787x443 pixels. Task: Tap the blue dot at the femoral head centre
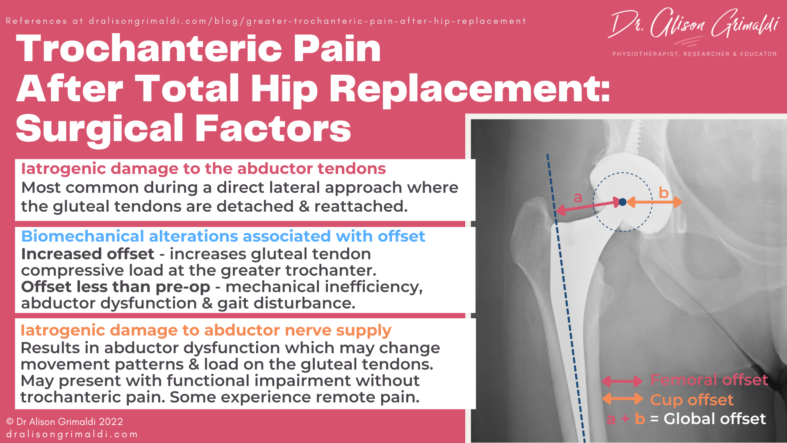pos(622,202)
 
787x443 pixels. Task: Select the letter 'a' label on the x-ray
pos(578,198)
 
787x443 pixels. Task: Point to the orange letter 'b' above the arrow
pos(664,192)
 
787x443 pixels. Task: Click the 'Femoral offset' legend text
pos(709,380)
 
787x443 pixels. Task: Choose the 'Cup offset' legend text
pos(691,400)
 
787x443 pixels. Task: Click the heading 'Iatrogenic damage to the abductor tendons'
pos(203,169)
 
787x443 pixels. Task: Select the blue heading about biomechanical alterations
pos(223,236)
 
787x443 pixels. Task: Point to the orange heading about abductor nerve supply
pos(206,330)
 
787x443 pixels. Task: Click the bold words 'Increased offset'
pos(88,254)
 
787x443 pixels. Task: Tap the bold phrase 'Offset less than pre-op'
pos(116,287)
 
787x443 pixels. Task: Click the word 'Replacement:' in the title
pos(470,89)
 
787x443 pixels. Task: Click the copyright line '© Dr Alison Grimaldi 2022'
pos(65,422)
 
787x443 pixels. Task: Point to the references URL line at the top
pos(266,21)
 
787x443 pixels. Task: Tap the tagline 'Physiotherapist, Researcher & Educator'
pos(694,54)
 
